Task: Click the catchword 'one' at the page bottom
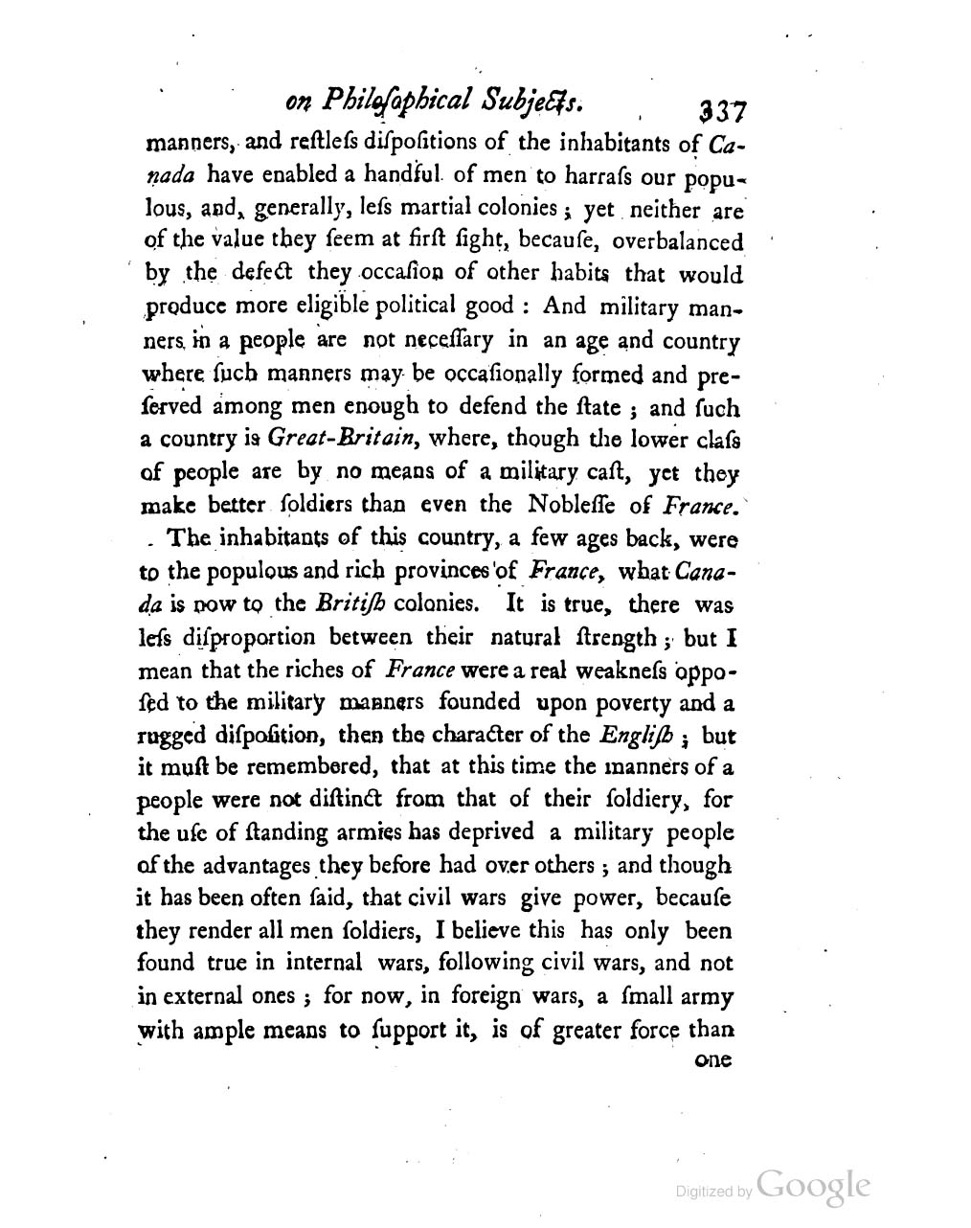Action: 711,1060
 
